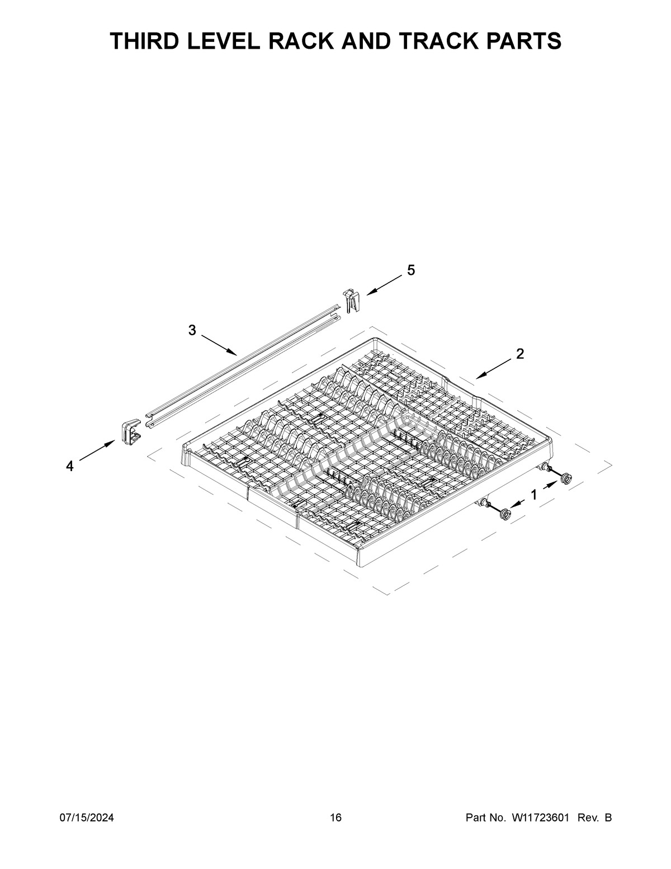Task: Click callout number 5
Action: (x=411, y=270)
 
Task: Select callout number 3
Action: (x=192, y=330)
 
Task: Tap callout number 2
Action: (x=520, y=354)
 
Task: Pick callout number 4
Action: (x=70, y=466)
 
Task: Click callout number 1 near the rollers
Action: (x=534, y=495)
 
